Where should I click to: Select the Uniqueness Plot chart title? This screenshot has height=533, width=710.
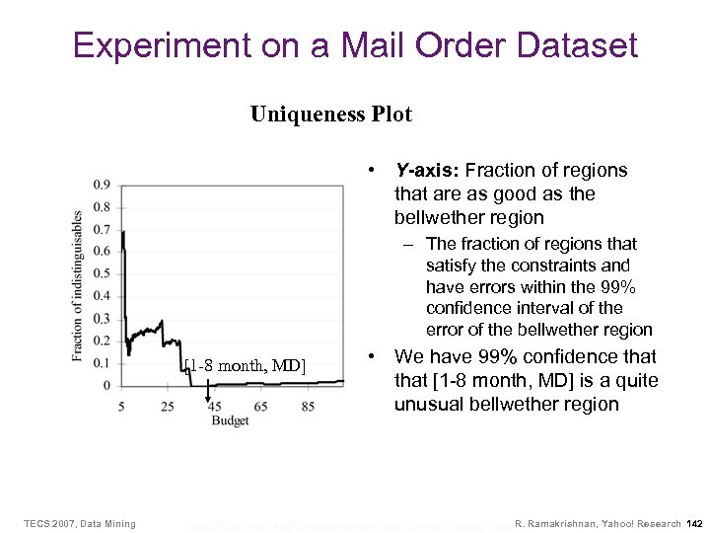click(x=330, y=114)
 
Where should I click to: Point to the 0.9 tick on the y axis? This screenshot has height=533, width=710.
click(x=102, y=185)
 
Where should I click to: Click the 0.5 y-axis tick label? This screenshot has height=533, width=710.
click(x=102, y=273)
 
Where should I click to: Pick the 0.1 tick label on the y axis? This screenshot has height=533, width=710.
click(x=102, y=362)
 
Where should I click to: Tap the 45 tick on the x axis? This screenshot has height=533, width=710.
click(x=214, y=406)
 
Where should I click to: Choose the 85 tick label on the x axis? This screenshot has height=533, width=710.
click(x=308, y=406)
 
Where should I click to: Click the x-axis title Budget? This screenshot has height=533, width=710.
click(x=230, y=420)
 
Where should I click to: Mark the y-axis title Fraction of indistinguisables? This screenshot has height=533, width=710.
click(x=78, y=285)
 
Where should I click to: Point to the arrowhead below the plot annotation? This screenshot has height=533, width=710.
click(x=207, y=399)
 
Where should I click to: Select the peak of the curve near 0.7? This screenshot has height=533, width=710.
click(x=122, y=233)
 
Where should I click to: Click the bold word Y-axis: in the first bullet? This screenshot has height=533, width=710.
click(x=426, y=171)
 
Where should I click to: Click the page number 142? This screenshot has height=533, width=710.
click(x=694, y=523)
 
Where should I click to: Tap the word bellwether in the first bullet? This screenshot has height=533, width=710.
click(x=438, y=216)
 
